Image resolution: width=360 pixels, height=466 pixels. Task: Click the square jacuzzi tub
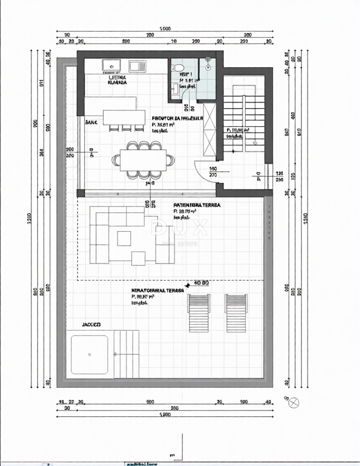coord(89,354)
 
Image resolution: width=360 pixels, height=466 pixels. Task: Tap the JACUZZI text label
coord(92,324)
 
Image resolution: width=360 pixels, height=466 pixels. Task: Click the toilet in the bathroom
coord(177,68)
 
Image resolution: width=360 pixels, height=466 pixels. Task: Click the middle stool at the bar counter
coord(126,128)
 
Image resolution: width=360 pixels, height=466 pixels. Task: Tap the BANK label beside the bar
coord(92,123)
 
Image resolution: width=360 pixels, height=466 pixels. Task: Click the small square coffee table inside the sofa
coord(124,238)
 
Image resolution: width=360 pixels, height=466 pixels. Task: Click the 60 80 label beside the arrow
coord(202,283)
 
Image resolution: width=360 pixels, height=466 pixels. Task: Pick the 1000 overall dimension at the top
coord(165,29)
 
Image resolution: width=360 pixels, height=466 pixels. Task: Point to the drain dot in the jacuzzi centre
coord(89,355)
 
